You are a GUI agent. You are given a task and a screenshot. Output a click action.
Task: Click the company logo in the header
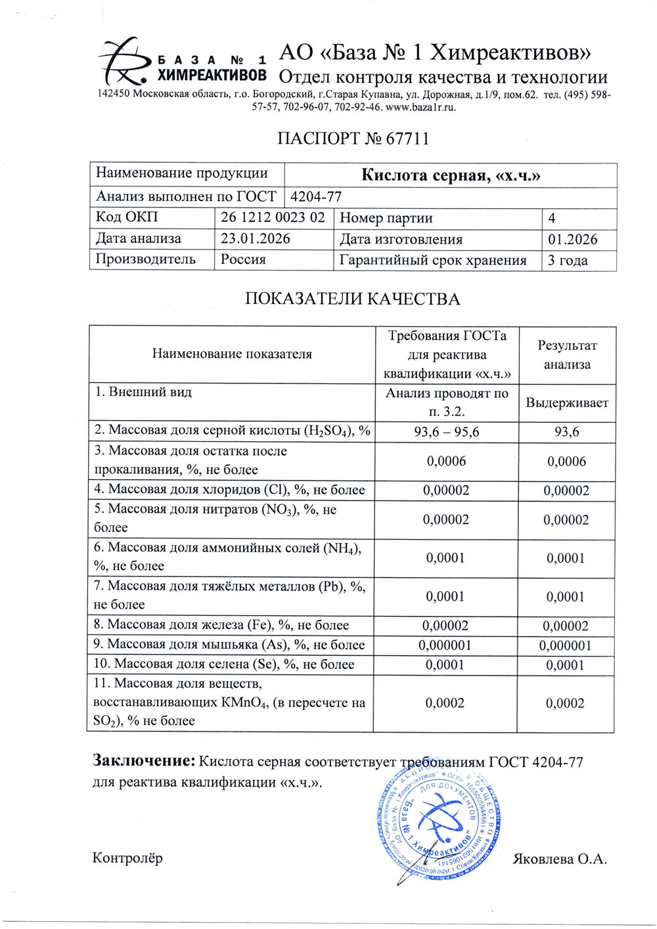tap(183, 62)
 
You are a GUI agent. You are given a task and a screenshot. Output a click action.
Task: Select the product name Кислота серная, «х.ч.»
tap(451, 175)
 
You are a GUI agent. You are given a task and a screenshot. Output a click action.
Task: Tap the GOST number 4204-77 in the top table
tap(316, 196)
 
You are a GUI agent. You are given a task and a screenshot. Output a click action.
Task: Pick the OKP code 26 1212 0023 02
tap(273, 217)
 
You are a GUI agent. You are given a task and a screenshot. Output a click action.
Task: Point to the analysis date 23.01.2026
tap(256, 238)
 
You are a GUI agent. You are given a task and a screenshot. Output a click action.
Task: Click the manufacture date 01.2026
tap(572, 239)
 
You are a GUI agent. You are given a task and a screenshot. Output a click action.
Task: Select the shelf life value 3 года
tap(568, 260)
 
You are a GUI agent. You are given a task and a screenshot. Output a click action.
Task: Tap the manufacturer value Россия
tap(243, 259)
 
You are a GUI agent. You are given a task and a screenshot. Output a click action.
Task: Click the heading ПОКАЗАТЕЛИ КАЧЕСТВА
tap(352, 299)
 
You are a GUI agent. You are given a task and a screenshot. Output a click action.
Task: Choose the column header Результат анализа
tap(566, 355)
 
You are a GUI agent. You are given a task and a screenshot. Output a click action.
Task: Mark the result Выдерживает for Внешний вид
tap(566, 402)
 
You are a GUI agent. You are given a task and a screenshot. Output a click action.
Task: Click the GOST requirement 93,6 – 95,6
tap(446, 432)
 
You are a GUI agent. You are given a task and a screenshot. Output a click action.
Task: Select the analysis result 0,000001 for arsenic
tap(565, 645)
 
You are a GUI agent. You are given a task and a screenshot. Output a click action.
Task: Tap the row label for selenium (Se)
tap(224, 664)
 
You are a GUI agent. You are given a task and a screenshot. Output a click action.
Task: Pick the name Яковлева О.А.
tap(559, 859)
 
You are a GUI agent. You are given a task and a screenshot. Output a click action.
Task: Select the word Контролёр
tap(127, 857)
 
